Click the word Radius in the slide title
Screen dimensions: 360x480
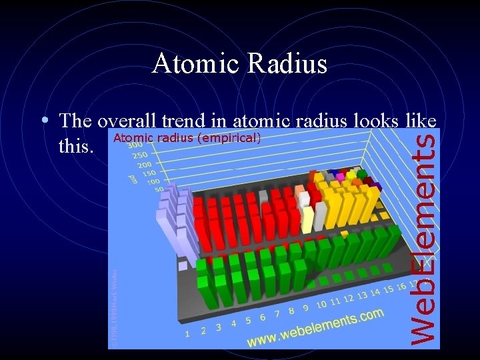[x=287, y=64]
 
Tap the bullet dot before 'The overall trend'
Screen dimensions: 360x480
[x=43, y=121]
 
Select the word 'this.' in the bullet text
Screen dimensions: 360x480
[x=75, y=145]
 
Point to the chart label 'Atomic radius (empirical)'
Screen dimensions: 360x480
[x=187, y=139]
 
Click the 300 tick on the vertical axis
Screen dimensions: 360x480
[x=134, y=145]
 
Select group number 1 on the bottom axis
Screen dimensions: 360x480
[x=188, y=333]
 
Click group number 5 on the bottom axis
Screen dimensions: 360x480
[x=248, y=321]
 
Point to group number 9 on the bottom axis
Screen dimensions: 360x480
[x=305, y=308]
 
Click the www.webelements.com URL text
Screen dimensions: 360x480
[x=315, y=328]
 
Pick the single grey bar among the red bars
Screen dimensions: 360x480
[x=263, y=197]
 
